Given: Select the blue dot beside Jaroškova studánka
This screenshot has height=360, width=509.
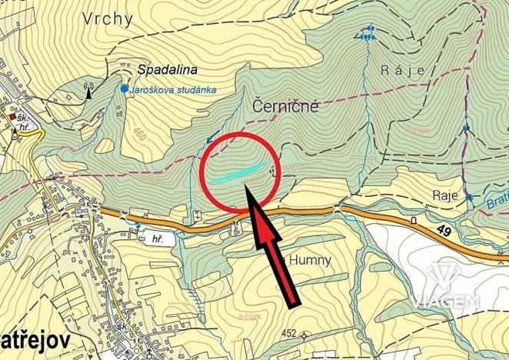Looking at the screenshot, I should coord(123,88).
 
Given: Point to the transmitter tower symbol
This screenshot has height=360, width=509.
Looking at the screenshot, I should coord(89,91).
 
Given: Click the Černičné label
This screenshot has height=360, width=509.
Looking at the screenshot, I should coord(285,108).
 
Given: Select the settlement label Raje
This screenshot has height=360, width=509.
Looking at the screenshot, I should coord(445,193).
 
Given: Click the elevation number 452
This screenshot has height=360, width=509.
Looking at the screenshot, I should coord(288,333).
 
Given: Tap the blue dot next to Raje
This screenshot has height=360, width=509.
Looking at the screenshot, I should coord(469,197).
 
